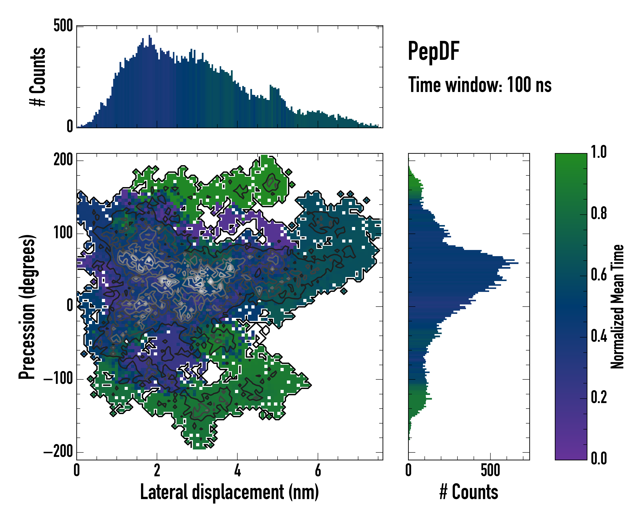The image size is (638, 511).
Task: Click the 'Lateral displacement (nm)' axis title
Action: tap(229, 492)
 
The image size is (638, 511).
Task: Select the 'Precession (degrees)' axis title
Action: tap(27, 307)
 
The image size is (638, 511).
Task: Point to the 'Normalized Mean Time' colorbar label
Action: tap(617, 307)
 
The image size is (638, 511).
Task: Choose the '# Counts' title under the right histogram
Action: tap(469, 492)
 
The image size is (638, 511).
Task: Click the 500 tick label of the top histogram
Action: tap(63, 26)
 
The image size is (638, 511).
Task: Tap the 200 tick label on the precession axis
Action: tap(63, 160)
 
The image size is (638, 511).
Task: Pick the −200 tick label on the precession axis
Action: tap(58, 452)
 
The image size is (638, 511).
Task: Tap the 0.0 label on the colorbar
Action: tap(599, 458)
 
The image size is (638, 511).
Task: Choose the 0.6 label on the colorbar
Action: tap(599, 275)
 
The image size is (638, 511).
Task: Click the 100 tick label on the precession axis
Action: tap(63, 233)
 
